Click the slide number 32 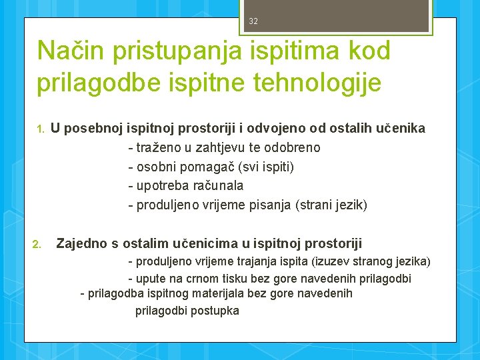(x=253, y=21)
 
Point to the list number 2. (x=37, y=244)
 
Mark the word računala (x=218, y=186)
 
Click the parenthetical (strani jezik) (x=331, y=205)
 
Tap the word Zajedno (x=81, y=243)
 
